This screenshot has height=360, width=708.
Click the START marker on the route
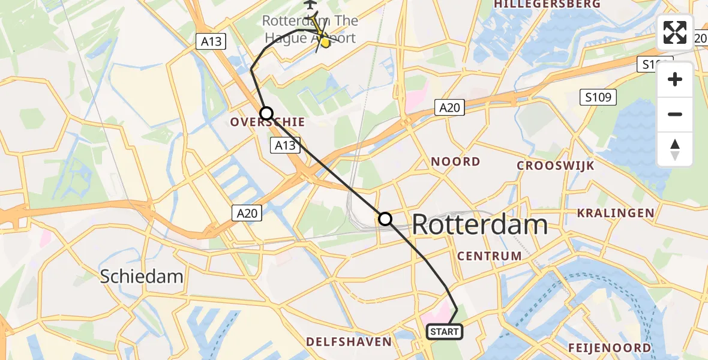[x=444, y=332]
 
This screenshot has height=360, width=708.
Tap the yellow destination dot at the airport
[x=325, y=42]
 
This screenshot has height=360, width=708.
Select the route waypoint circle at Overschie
[x=266, y=113]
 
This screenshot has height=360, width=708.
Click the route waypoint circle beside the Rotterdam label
[x=385, y=220]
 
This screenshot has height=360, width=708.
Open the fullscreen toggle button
[x=675, y=32]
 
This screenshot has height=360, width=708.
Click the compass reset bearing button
[x=675, y=149]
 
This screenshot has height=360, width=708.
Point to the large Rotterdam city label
[x=479, y=225]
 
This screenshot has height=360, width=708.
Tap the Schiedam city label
[x=141, y=276]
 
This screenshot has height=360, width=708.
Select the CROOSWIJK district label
[x=555, y=166]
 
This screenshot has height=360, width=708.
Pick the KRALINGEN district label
[x=615, y=213]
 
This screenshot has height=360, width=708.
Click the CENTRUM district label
[x=489, y=256]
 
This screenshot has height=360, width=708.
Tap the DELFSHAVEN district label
[x=349, y=342]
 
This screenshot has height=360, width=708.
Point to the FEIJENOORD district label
[x=610, y=348]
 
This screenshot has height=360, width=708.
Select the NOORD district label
[x=455, y=161]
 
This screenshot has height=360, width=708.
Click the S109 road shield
[x=598, y=97]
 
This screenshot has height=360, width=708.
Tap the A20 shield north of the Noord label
[x=449, y=107]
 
